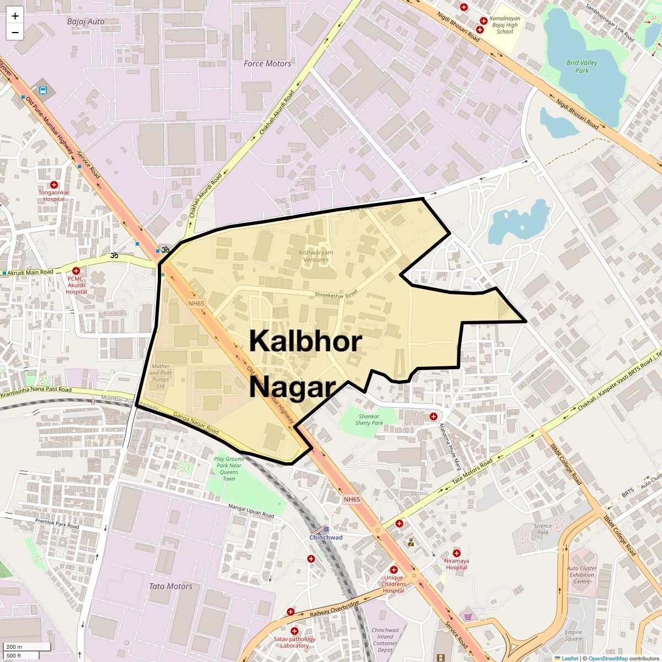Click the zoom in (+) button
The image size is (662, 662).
[x=15, y=16]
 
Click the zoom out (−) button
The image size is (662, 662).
[x=15, y=33]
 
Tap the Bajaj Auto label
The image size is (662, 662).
[x=86, y=22]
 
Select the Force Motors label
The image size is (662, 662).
[x=267, y=63]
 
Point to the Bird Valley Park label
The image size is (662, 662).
[x=581, y=66]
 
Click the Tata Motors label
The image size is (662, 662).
[x=170, y=586]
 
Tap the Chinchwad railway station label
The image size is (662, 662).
[x=325, y=537]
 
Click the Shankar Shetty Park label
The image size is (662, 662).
[x=369, y=420]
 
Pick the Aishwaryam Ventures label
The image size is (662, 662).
[x=316, y=256]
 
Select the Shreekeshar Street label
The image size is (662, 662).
[x=337, y=295]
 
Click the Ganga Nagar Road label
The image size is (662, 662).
[x=196, y=423]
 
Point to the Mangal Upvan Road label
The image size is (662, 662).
[x=251, y=511]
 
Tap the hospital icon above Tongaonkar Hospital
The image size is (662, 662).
[x=54, y=185]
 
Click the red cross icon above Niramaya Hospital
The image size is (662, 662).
[x=457, y=553]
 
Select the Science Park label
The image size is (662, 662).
[x=543, y=529]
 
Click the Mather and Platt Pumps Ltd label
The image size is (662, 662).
[x=161, y=376]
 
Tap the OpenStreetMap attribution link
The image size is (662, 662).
[x=607, y=658]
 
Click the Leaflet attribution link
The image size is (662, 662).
[x=570, y=658]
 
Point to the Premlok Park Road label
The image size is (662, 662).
[x=57, y=523]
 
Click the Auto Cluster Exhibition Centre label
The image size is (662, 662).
[x=582, y=575]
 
